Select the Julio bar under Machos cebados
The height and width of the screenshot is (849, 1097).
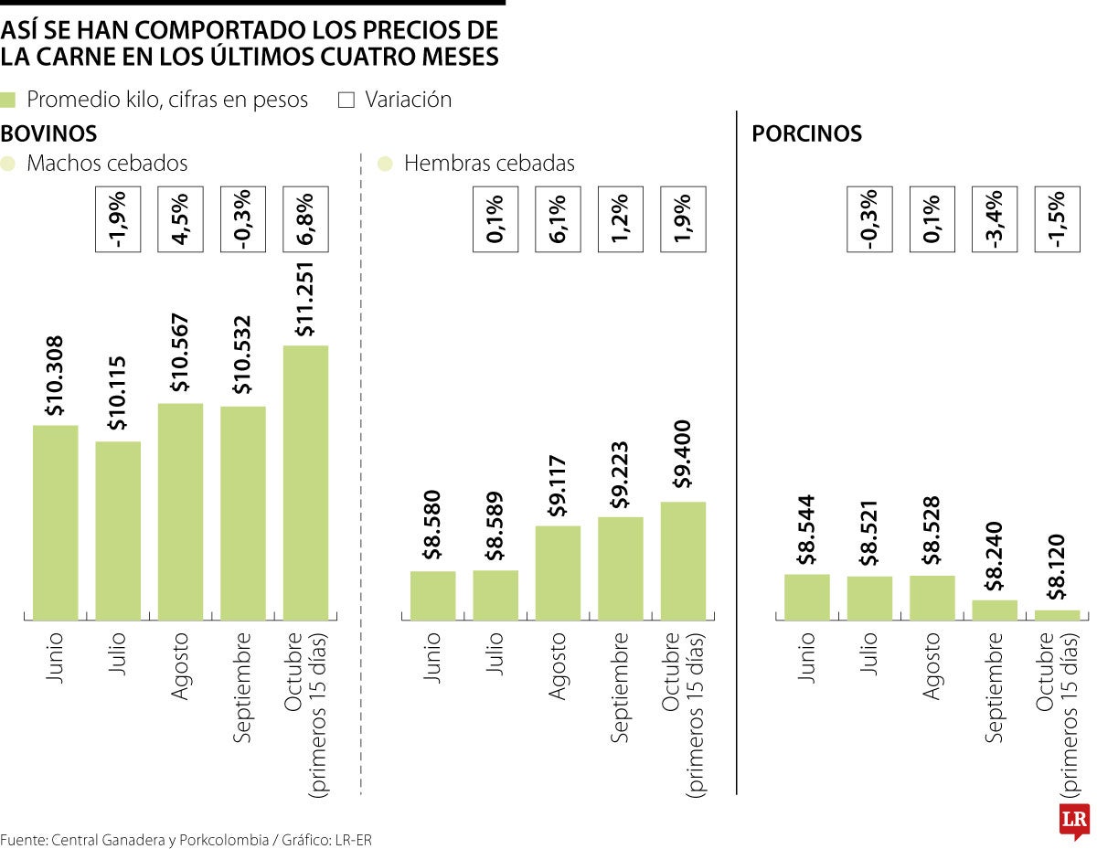[x=118, y=531]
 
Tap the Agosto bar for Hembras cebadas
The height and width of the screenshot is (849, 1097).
[x=558, y=573]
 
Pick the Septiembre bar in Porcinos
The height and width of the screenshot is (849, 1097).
[x=995, y=610]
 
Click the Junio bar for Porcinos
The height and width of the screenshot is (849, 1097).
[x=806, y=598]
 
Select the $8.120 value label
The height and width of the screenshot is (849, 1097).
[x=1056, y=568]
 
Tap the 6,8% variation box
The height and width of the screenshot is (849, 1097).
[x=305, y=219]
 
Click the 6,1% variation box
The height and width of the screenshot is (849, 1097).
[x=558, y=219]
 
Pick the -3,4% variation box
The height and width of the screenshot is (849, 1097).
[x=995, y=219]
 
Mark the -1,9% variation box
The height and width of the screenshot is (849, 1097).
[x=118, y=219]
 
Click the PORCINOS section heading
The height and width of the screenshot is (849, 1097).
[x=806, y=134]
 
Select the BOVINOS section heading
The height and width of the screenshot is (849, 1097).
[x=49, y=134]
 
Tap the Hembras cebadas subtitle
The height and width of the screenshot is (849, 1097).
[x=489, y=164]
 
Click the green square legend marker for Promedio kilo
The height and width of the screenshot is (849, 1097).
[x=8, y=100]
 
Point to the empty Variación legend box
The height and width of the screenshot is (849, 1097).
[x=346, y=100]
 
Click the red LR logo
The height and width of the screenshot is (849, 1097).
[x=1072, y=820]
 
